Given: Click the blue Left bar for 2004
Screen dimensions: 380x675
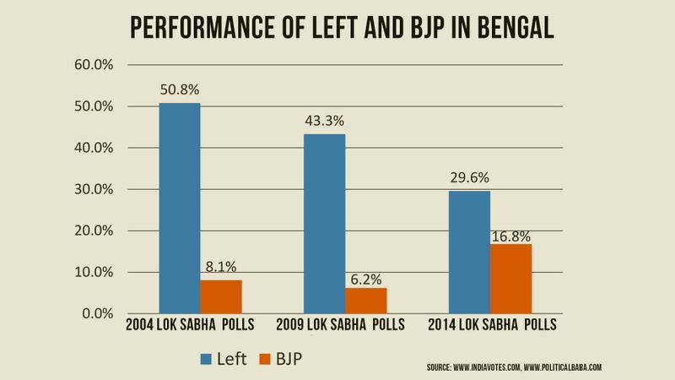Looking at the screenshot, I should click(x=180, y=208).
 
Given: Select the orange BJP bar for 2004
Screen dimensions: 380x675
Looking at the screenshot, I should click(x=221, y=296).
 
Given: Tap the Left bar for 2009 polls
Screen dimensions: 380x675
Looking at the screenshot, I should click(x=324, y=224).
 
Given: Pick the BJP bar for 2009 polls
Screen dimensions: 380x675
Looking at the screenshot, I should click(x=365, y=301).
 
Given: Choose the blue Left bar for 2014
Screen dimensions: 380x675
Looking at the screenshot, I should click(x=469, y=252).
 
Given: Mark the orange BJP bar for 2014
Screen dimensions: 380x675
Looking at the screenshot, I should click(x=510, y=279).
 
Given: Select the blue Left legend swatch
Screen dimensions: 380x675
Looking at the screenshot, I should click(x=207, y=360).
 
